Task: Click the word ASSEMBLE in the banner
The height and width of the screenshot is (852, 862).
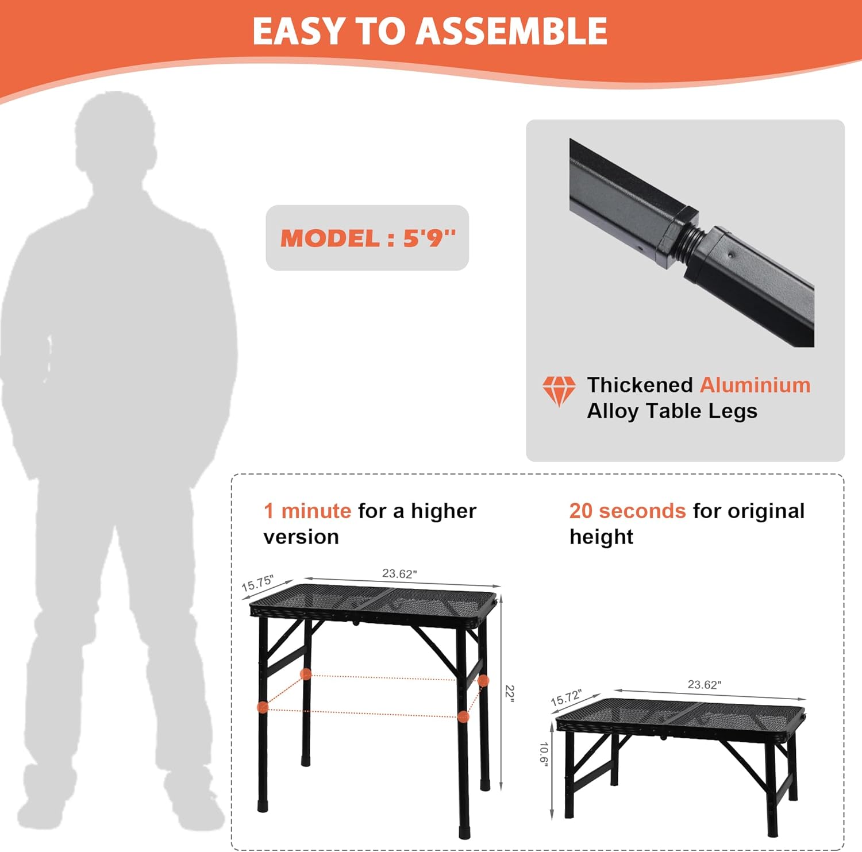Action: tap(513, 31)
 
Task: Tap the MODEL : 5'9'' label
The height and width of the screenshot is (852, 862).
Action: tap(368, 238)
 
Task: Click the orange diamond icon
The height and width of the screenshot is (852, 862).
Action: tap(559, 391)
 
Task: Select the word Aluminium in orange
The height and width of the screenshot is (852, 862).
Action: tap(755, 385)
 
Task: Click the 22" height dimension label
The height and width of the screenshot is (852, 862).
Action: tap(510, 692)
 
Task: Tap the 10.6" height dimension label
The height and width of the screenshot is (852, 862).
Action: tap(544, 753)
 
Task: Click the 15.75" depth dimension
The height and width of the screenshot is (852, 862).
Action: tap(257, 583)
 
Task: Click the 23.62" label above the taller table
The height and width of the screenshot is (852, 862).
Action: tap(399, 573)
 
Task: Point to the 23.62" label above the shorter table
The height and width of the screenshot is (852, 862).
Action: tap(705, 684)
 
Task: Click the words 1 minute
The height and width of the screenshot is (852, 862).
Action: tap(307, 511)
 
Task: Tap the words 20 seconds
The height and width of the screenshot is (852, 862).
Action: tap(628, 511)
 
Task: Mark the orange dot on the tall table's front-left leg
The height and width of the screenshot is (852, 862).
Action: tap(263, 707)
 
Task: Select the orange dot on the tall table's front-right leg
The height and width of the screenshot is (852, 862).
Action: tap(463, 716)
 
